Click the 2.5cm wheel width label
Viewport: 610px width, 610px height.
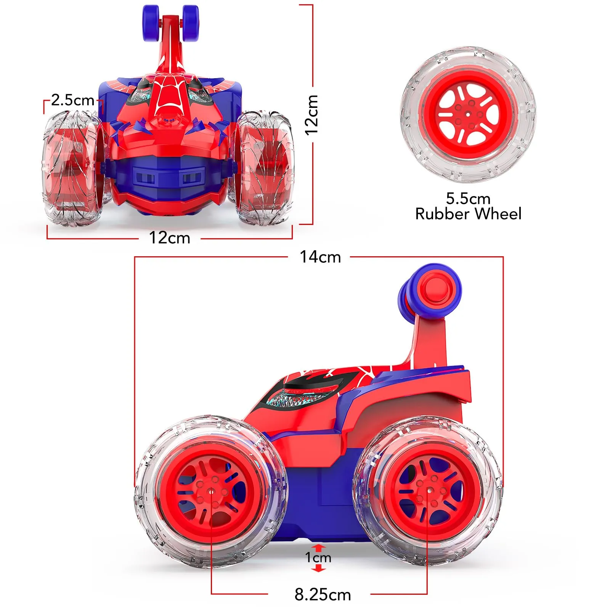tap(72, 100)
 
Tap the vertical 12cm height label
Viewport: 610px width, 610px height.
tap(312, 114)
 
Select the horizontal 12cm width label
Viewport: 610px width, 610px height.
tap(169, 238)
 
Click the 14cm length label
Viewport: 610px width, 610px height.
tap(320, 257)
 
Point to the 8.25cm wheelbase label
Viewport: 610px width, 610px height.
tap(323, 594)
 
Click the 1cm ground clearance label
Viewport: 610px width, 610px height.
tap(318, 558)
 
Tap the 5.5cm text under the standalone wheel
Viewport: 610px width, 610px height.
tap(468, 199)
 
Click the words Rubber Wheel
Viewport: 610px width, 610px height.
tap(468, 214)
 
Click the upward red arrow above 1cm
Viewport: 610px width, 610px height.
tap(319, 548)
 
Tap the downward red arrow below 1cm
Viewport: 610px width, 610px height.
tap(319, 568)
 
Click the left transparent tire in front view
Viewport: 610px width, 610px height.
tap(71, 168)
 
